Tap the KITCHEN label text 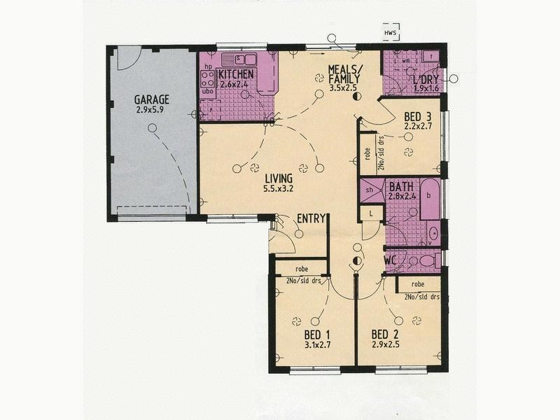coord(235,75)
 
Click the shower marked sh coord(370,190)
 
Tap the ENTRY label coord(311,218)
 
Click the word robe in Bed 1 coord(302,268)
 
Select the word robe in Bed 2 coord(418,285)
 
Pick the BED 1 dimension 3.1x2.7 coord(316,344)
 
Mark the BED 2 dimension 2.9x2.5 coord(386,344)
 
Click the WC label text coord(391,260)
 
